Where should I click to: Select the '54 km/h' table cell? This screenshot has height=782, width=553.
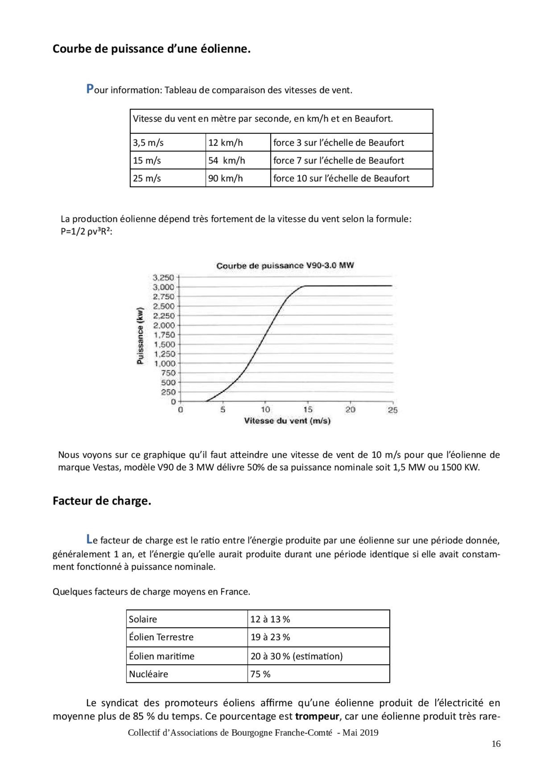(x=226, y=160)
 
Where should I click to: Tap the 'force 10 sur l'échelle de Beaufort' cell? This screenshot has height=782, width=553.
(x=341, y=178)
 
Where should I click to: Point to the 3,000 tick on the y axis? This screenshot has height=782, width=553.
(x=164, y=287)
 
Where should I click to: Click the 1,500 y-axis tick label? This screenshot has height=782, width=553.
(x=164, y=344)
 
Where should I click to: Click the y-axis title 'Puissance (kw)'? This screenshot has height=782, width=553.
(x=140, y=336)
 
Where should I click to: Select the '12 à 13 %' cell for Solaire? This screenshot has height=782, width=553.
(x=270, y=619)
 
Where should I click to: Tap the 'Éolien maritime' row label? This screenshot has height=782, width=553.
(x=162, y=656)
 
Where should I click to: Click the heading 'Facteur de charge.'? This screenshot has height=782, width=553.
(x=102, y=501)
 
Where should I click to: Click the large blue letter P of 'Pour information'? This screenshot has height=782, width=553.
(x=90, y=89)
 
